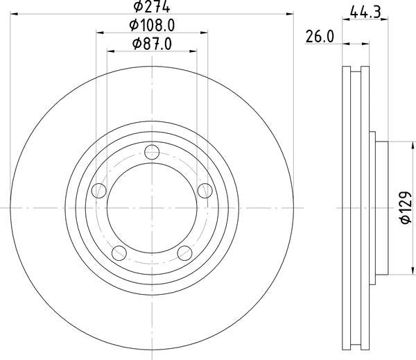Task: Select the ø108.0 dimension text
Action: pyautogui.click(x=152, y=26)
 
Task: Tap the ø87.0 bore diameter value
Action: pyautogui.click(x=152, y=44)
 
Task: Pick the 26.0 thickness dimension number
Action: pyautogui.click(x=320, y=39)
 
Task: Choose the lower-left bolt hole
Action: pyautogui.click(x=119, y=252)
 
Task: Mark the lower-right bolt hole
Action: pyautogui.click(x=184, y=252)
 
